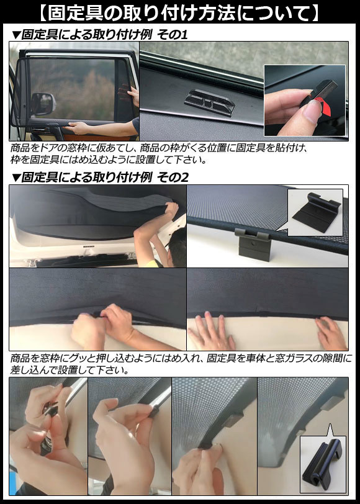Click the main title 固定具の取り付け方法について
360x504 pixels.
click(x=179, y=13)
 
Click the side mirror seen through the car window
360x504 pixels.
click(x=43, y=104)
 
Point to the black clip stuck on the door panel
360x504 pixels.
click(x=209, y=102)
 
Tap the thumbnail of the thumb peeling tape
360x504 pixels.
click(x=305, y=101)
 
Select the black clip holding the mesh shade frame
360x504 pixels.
click(x=253, y=244)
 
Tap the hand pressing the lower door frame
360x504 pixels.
click(x=76, y=128)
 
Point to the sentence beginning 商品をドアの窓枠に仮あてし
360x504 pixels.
click(x=160, y=148)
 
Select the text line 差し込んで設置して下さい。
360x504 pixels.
click(x=70, y=370)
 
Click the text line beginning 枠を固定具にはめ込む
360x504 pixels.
click(x=108, y=160)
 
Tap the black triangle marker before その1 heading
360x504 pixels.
click(x=16, y=35)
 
